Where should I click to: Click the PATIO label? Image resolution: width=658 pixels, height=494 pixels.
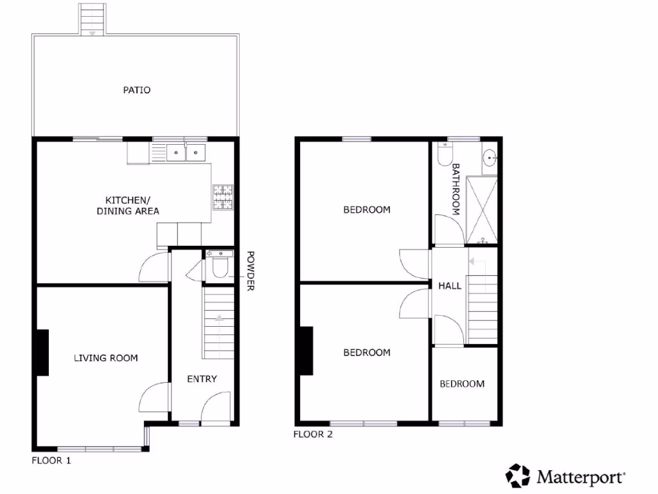[x=137, y=90]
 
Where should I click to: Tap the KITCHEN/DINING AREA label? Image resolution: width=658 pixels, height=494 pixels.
[x=128, y=205]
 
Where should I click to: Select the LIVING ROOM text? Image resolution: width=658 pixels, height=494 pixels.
[x=105, y=358]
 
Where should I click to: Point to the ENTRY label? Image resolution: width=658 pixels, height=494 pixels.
[x=202, y=379]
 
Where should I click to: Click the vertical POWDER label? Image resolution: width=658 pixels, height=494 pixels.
[x=251, y=271]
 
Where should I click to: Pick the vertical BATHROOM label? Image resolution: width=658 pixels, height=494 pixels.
[x=456, y=188]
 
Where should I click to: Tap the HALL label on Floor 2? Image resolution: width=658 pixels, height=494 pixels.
[x=450, y=286]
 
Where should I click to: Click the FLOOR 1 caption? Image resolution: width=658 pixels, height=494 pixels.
[x=52, y=461]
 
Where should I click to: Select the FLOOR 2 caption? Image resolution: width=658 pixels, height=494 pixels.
[x=313, y=434]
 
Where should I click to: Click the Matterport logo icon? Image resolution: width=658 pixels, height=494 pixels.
[x=517, y=476]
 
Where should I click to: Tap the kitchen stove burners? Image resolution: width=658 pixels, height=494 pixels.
[x=222, y=197]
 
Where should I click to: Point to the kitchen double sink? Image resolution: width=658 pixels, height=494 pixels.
[x=185, y=152]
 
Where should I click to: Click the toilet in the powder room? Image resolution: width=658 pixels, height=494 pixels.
[x=220, y=268]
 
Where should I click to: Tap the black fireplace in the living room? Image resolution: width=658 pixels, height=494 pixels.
[x=42, y=352]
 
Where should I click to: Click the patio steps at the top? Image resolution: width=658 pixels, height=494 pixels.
[x=93, y=19]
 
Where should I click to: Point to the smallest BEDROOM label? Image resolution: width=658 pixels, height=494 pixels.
[x=462, y=384]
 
